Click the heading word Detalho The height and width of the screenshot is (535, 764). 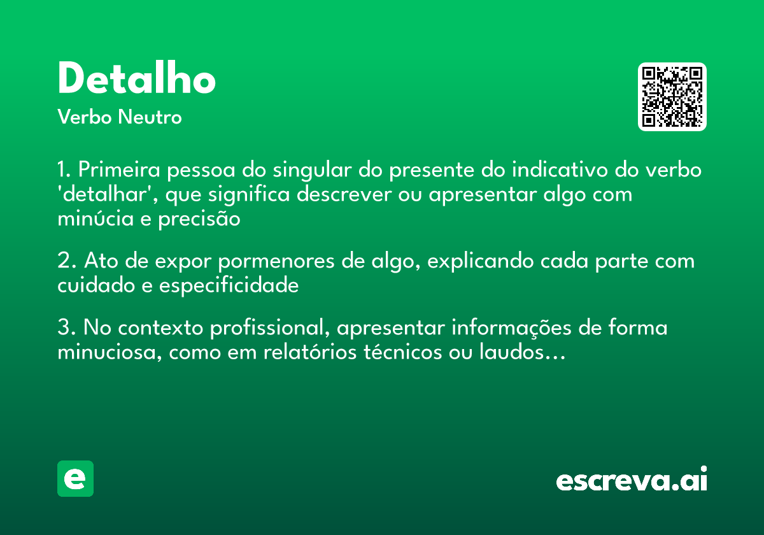(x=137, y=78)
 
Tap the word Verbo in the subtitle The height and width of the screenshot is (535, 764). (x=85, y=117)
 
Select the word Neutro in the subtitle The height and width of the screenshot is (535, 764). (x=150, y=117)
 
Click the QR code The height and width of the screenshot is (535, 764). (x=672, y=97)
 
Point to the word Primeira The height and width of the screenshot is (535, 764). (x=119, y=169)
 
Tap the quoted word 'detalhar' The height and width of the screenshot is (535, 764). (x=107, y=194)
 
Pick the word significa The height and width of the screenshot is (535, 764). (x=249, y=195)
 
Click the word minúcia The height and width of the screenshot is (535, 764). (x=95, y=218)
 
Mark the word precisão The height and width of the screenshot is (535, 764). (x=199, y=219)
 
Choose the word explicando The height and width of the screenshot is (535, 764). (x=480, y=262)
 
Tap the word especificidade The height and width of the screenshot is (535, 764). (x=229, y=286)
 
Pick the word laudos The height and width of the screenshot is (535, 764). (x=511, y=352)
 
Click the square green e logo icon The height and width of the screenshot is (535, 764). (x=75, y=478)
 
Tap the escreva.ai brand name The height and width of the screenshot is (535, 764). (x=632, y=479)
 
